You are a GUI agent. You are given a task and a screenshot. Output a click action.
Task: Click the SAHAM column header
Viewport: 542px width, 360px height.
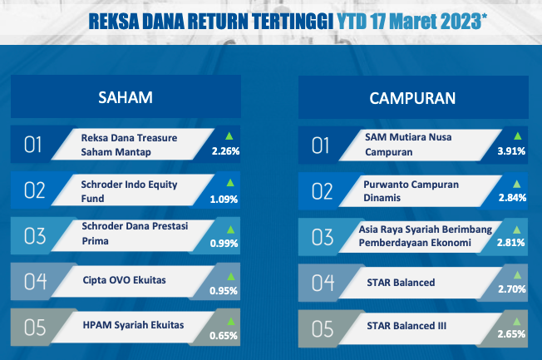pos(126,97)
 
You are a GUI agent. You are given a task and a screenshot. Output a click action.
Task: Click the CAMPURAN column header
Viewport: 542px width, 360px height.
pos(412,98)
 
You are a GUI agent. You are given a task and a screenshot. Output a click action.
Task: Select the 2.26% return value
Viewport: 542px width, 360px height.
pos(226,151)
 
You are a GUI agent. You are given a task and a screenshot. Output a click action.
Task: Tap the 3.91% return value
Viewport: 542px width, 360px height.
pos(511,151)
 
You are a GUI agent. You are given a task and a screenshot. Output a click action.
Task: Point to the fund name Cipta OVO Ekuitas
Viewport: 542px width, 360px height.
pos(125,280)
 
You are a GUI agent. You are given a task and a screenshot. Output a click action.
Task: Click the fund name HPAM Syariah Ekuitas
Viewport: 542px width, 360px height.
pos(134,325)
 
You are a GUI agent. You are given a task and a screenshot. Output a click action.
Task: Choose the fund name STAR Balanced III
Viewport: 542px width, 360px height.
pos(406,326)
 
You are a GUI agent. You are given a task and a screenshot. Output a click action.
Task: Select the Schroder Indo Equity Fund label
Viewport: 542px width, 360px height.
pos(129,191)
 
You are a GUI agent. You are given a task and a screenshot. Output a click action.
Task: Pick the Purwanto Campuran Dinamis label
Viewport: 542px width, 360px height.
pos(411,191)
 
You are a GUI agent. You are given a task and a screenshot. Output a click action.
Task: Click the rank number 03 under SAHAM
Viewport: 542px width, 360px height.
pos(35,236)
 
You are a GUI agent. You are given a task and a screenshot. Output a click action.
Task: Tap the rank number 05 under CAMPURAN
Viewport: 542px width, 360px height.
pos(323,329)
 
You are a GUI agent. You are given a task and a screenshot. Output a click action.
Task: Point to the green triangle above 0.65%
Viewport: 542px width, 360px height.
pos(231,322)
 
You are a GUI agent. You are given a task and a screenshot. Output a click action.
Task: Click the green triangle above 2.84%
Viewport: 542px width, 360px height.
pos(517,184)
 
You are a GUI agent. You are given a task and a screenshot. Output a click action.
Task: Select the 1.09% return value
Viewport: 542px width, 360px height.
pos(224,200)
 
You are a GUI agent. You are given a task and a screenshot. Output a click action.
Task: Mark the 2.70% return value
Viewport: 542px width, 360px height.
pos(512,288)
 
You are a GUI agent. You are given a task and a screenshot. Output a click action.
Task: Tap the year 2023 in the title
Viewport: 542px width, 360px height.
pos(461,22)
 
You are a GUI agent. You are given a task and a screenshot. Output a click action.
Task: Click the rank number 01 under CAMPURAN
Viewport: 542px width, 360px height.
pos(320,145)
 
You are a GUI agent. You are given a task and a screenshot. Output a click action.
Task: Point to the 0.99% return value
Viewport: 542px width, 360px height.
pos(224,244)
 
